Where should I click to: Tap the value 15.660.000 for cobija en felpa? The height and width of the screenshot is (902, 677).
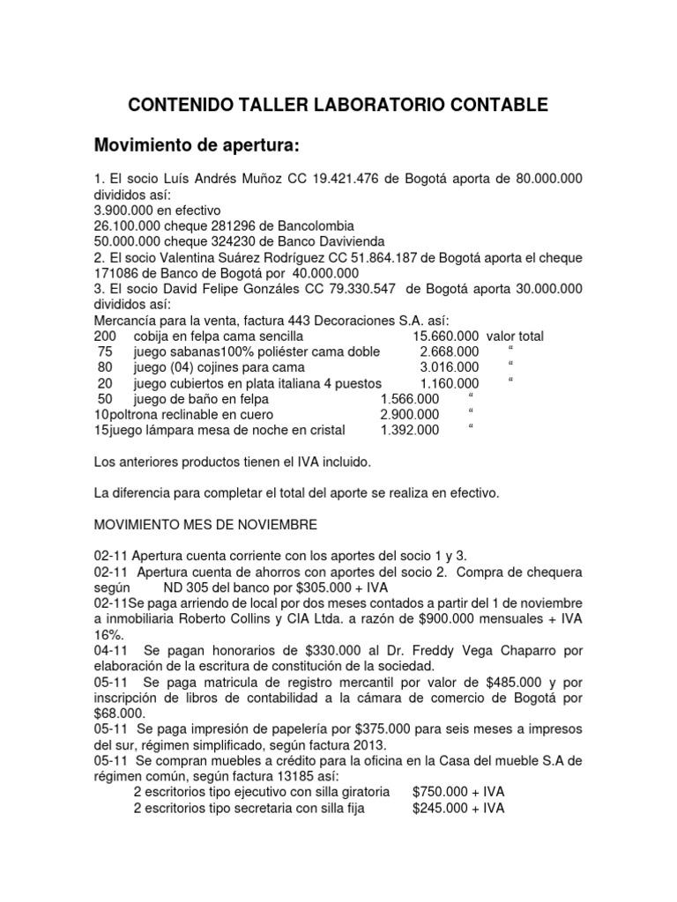[446, 336]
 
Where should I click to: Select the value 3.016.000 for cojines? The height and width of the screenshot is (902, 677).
[450, 367]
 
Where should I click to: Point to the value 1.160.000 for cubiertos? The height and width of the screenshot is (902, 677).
[450, 383]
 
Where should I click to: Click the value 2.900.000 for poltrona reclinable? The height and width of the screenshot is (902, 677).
[409, 414]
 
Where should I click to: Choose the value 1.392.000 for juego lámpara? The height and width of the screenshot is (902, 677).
[409, 430]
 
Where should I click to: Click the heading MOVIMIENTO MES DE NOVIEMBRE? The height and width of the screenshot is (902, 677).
[205, 524]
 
